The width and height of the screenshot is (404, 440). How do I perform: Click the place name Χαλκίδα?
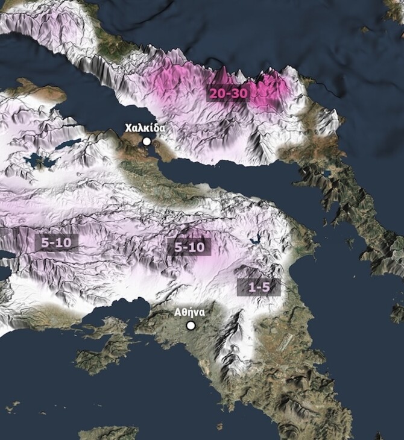point(145,128)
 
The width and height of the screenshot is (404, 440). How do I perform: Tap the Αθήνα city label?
point(189,312)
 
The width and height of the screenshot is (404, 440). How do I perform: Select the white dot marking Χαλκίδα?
point(147,141)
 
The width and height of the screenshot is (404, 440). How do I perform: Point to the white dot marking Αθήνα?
point(191,325)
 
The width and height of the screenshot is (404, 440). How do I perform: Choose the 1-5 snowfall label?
point(259,287)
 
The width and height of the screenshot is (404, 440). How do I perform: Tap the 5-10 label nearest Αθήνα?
point(189,247)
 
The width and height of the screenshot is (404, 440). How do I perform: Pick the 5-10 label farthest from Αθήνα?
point(57,243)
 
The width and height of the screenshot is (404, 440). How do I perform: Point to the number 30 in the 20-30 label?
point(239,93)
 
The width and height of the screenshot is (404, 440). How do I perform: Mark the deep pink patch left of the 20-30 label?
point(175,84)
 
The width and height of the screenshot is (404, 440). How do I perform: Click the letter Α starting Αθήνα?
point(177,312)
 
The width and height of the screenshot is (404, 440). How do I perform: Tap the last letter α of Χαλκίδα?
point(162,128)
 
